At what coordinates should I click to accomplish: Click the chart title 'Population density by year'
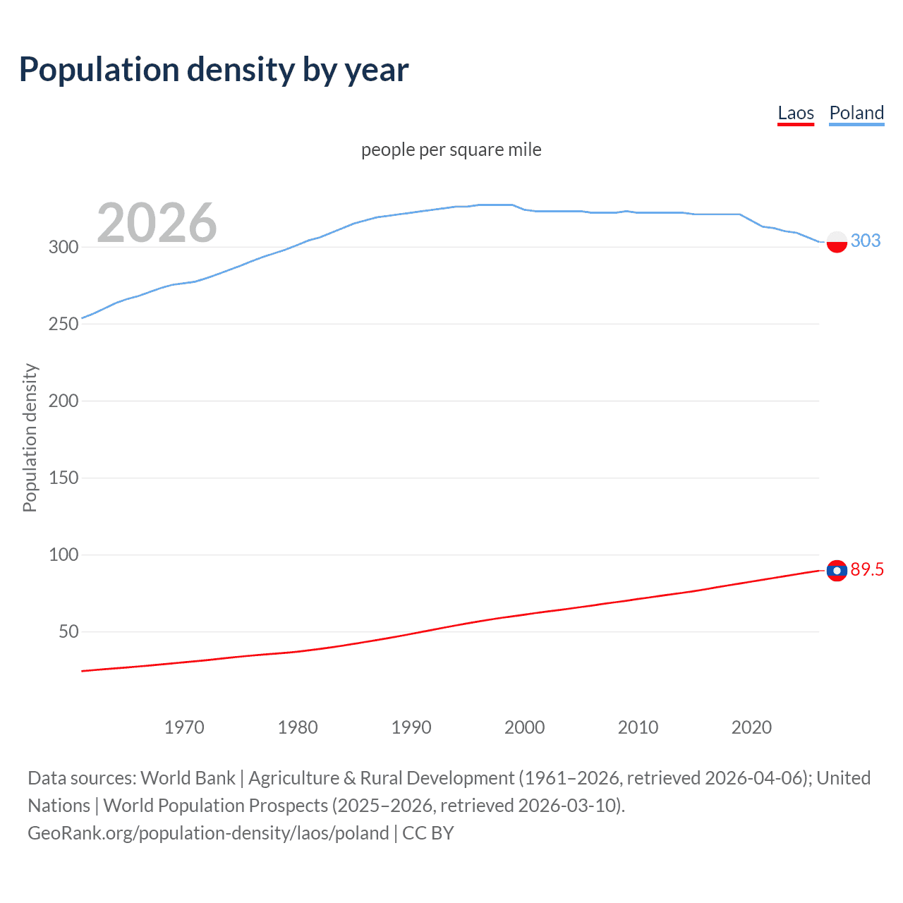tap(214, 70)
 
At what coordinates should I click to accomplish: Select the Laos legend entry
tap(795, 113)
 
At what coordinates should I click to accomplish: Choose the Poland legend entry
tap(856, 113)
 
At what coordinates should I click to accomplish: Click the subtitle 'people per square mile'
tap(451, 150)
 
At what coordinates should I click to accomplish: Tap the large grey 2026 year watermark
tap(157, 223)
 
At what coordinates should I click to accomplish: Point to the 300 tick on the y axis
tap(63, 247)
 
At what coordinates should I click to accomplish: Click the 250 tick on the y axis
tap(63, 324)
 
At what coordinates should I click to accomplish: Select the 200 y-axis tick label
tap(63, 401)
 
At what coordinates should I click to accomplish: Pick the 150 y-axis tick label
tap(63, 478)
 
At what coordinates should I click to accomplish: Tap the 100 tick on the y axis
tap(63, 554)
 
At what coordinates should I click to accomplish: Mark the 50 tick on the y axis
tap(68, 631)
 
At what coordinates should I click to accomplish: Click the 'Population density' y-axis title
tap(30, 437)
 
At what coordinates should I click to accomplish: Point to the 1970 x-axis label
tap(184, 727)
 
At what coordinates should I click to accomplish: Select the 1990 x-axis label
tap(411, 727)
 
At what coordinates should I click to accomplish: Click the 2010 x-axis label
tap(638, 727)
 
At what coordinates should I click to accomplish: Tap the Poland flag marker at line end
tap(837, 241)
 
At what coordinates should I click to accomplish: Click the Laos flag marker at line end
tap(837, 570)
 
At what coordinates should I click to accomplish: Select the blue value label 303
tap(866, 241)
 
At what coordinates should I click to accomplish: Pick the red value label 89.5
tap(867, 569)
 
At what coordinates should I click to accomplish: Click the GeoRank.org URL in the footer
tap(208, 833)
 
